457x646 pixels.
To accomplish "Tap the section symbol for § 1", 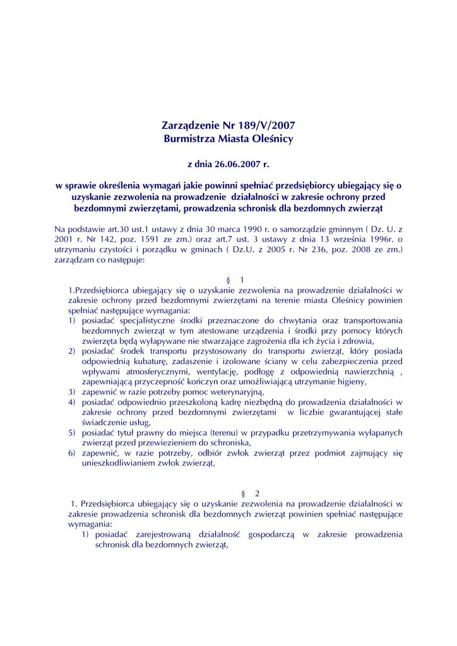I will [226, 279].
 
